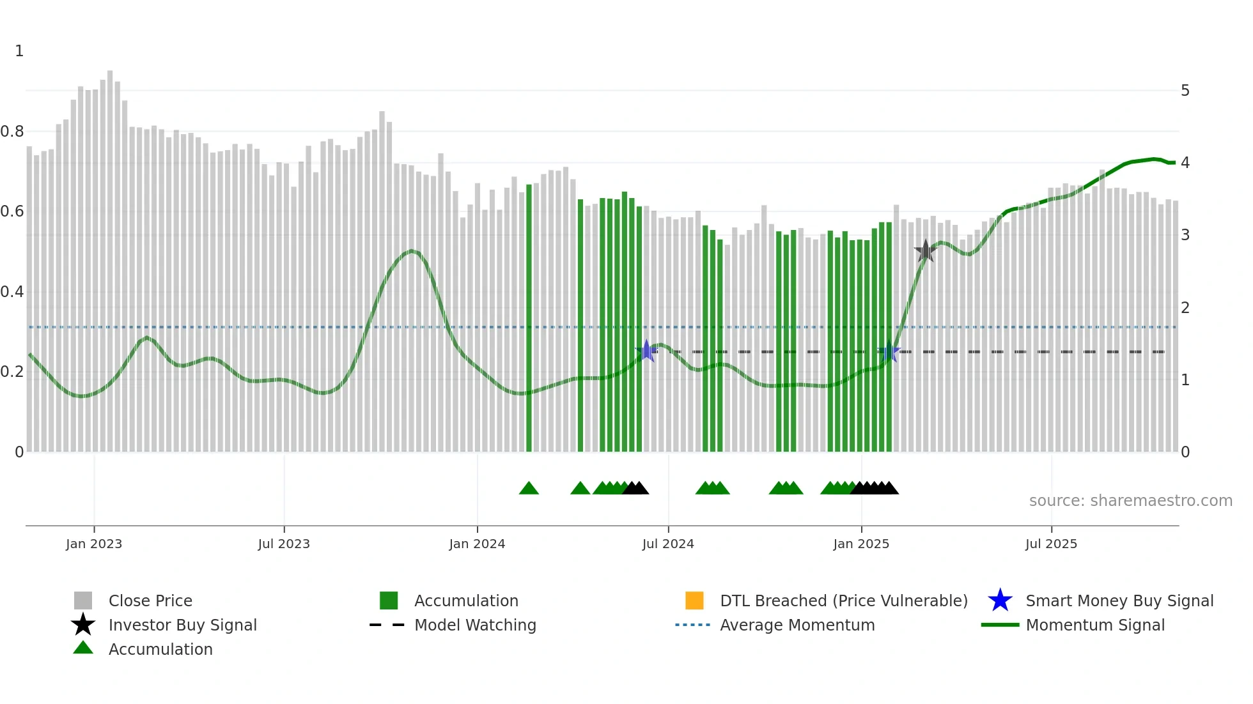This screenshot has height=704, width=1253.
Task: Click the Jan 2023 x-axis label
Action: tap(93, 544)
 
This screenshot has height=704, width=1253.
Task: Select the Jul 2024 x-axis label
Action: tap(668, 544)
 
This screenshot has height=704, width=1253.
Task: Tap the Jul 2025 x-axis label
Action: tap(1051, 544)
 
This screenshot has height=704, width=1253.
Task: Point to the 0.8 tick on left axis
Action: tap(12, 132)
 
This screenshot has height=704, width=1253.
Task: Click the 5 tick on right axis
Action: tap(1185, 91)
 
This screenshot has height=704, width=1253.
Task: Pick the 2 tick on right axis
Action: tap(1185, 307)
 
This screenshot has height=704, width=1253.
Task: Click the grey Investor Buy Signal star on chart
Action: tap(925, 251)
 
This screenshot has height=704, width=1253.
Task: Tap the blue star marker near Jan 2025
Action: tap(889, 351)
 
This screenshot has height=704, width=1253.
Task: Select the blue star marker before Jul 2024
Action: tap(646, 351)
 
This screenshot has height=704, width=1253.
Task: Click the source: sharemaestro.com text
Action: tap(1130, 501)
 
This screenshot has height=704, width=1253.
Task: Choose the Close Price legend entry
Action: tap(150, 601)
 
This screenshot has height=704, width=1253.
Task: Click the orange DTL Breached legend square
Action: tap(694, 601)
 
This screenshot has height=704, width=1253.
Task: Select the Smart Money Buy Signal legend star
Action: tap(1000, 601)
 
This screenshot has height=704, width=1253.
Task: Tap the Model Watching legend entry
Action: tap(475, 625)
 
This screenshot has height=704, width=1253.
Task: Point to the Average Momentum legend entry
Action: tap(797, 625)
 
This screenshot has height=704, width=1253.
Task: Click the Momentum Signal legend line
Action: tap(1000, 625)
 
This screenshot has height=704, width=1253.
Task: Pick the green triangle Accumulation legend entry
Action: tap(83, 648)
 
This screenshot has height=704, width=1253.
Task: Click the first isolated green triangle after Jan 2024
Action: tap(529, 489)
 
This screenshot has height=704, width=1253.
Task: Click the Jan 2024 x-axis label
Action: tap(477, 544)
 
